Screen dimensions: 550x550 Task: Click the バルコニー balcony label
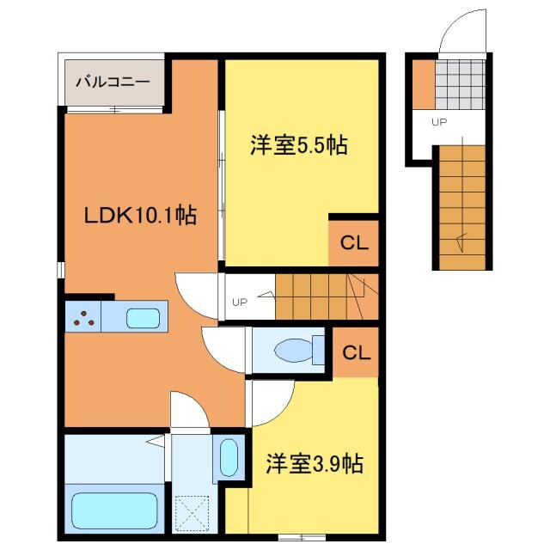[x=113, y=82]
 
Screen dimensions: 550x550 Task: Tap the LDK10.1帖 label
[x=140, y=215]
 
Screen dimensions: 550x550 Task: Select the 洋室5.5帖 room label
[x=299, y=145]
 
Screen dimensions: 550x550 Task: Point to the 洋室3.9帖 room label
[x=314, y=464]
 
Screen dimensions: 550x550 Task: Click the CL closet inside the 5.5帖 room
[x=354, y=242]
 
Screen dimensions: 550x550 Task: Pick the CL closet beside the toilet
[x=356, y=352]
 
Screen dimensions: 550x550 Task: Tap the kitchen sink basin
[x=144, y=318]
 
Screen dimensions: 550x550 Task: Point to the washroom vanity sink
[x=229, y=457]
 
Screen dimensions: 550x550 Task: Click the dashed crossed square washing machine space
[x=192, y=513]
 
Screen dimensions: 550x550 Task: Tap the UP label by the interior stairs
[x=240, y=302]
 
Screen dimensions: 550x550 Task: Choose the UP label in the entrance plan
[x=439, y=122]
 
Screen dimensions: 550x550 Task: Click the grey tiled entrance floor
[x=461, y=84]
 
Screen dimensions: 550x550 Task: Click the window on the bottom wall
[x=302, y=537]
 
